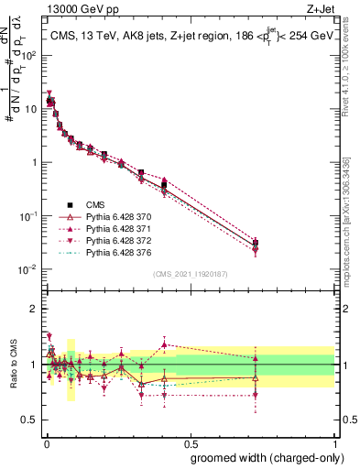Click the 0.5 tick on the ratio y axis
tap(34, 421)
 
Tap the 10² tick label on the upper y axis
tap(31, 55)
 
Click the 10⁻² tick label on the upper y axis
tap(31, 269)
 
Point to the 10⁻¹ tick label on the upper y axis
tap(31, 216)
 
